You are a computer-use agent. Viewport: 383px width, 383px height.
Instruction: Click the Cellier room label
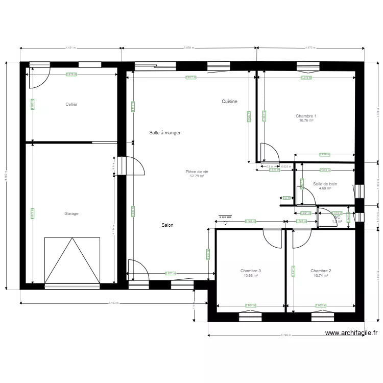71,104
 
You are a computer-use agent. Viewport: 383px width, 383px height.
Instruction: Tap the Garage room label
71,213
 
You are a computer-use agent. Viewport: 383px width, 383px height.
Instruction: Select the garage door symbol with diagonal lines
71,260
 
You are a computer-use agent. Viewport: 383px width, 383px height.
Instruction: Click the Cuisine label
229,102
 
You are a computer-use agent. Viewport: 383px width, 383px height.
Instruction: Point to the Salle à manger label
165,133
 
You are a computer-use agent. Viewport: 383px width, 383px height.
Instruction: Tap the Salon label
167,225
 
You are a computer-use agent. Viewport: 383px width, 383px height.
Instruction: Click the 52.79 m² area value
197,177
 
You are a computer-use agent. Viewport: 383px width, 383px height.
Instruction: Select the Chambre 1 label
306,116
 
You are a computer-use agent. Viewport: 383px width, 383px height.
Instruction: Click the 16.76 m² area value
306,121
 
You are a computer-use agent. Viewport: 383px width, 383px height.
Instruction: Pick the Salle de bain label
325,184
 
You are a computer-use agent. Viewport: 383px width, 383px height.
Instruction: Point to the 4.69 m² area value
325,188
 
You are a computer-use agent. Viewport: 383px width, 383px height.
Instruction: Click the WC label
337,217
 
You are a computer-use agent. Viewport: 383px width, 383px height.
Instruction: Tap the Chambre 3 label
251,271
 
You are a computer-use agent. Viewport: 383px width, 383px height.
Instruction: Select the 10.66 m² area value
251,276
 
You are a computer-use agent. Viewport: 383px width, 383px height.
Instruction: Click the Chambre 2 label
321,271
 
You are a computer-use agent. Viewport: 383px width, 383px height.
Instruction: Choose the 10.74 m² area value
321,276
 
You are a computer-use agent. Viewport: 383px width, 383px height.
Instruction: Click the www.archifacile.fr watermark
351,333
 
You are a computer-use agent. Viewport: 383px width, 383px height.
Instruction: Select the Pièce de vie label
197,172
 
